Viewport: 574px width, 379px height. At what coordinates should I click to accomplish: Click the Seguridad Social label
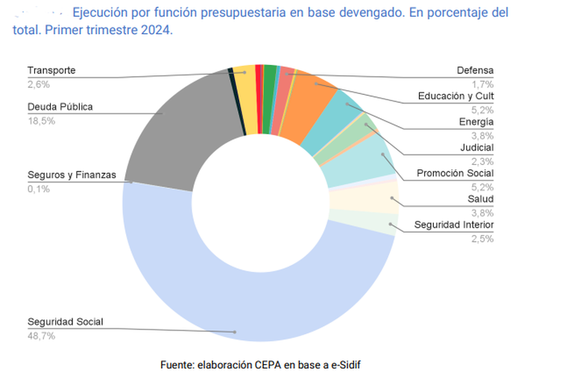(x=66, y=322)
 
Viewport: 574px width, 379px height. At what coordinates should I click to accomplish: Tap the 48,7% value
(x=41, y=336)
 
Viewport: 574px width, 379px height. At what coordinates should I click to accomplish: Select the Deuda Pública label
(x=60, y=107)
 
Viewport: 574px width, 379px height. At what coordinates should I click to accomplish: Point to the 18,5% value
(x=41, y=120)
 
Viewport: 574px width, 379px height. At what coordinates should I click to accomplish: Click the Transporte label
(x=51, y=71)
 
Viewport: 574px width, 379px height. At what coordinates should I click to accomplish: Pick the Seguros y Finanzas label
(x=72, y=175)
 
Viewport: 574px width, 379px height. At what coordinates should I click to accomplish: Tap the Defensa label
(x=475, y=71)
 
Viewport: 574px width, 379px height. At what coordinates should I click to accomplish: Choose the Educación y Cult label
(x=455, y=95)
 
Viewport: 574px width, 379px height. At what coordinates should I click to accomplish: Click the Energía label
(x=476, y=122)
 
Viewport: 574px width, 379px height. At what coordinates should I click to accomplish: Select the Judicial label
(x=477, y=147)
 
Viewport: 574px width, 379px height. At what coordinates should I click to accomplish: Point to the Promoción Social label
(x=455, y=173)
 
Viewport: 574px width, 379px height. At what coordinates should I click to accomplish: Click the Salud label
(x=481, y=199)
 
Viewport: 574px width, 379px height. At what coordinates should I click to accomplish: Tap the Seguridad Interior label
(x=455, y=225)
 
